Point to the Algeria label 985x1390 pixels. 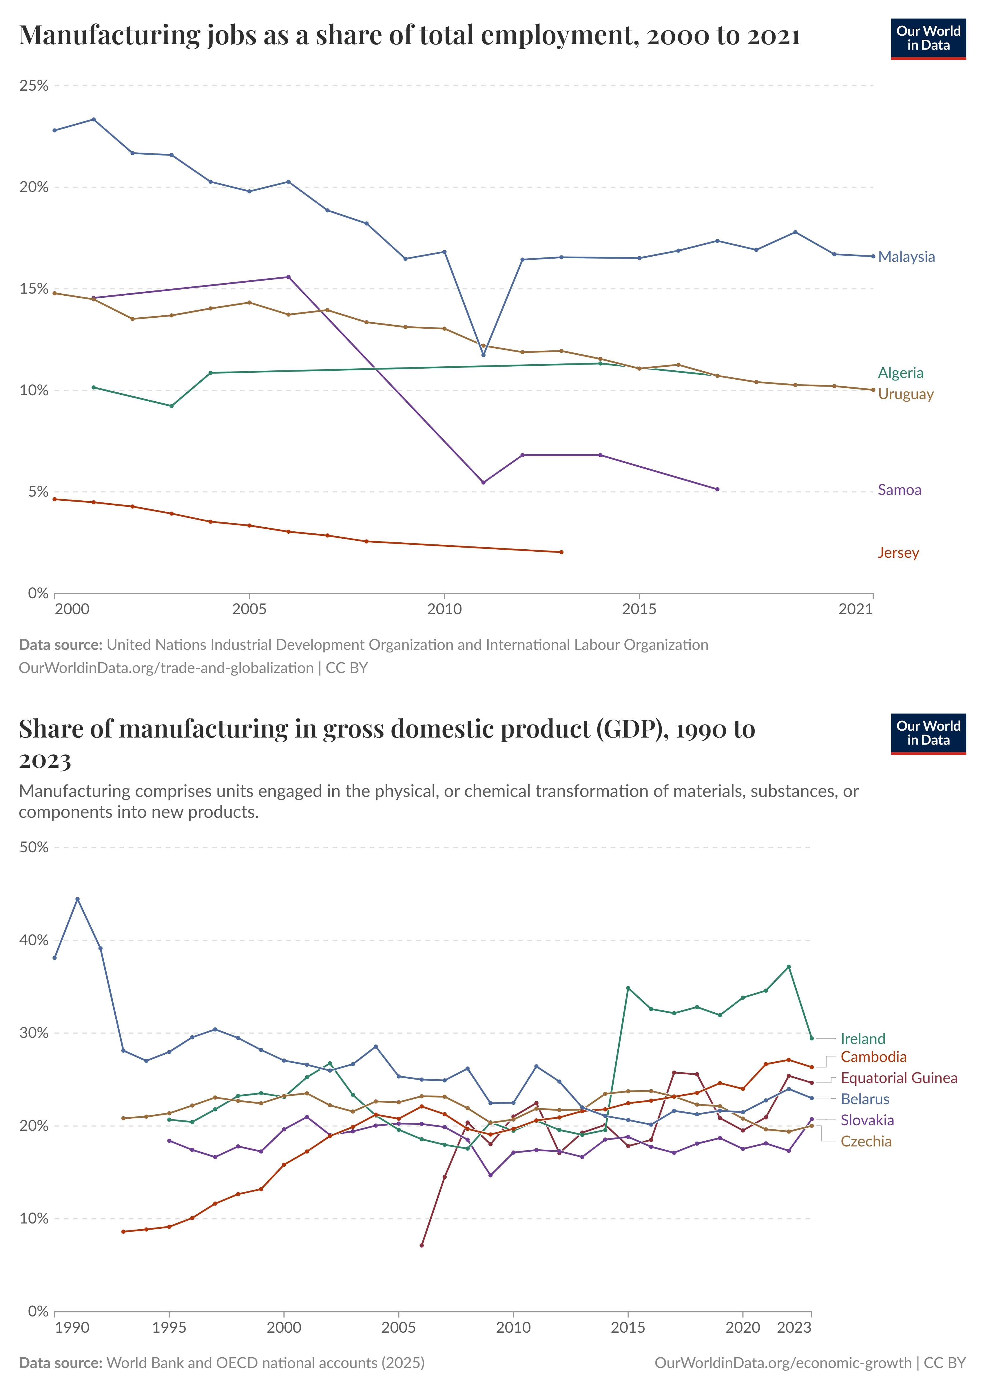900,373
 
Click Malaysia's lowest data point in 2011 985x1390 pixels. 484,355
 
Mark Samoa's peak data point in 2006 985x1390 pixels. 288,277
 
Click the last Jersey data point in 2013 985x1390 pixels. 561,552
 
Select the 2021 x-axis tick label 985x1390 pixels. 855,609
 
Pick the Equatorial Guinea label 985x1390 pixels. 898,1078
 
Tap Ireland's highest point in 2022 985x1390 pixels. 789,967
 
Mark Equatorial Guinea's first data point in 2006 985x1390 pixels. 422,1245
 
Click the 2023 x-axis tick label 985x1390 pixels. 794,1327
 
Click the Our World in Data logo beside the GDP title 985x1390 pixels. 928,734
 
